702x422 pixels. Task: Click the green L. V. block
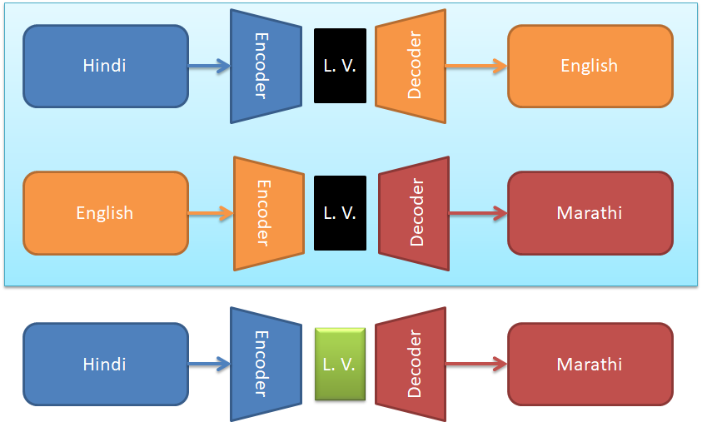point(340,364)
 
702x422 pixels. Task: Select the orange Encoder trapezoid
point(268,213)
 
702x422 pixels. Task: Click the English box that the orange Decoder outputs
point(590,66)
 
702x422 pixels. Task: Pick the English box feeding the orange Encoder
point(105,213)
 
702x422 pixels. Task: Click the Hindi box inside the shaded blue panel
point(105,66)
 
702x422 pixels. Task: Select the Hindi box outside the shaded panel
point(105,365)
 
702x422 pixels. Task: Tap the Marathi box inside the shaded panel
point(590,213)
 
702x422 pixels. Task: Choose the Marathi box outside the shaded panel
point(590,365)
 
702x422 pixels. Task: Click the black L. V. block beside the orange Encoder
point(340,213)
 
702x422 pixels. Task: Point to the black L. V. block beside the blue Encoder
point(340,66)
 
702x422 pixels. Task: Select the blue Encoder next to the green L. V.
point(265,365)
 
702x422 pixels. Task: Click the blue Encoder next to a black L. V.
point(265,66)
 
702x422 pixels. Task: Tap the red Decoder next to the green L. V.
point(410,365)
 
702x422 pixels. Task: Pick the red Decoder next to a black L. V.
point(413,213)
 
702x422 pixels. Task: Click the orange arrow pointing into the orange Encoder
point(211,214)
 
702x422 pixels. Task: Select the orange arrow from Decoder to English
point(475,67)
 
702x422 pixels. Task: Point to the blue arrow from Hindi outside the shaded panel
point(209,365)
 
